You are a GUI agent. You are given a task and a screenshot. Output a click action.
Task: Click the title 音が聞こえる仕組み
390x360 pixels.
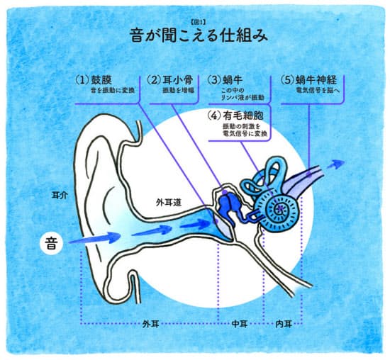point(199,35)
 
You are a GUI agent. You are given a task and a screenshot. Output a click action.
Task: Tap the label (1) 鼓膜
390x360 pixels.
point(94,80)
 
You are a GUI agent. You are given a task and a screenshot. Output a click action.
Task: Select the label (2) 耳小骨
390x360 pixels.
point(170,80)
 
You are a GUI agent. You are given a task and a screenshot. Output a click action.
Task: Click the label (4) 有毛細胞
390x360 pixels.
point(236,116)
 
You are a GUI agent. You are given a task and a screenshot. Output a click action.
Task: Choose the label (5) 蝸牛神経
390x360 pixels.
point(308,80)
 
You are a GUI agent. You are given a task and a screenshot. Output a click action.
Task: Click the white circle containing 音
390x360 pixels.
point(51,243)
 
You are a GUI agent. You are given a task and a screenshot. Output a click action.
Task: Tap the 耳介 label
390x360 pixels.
point(60,195)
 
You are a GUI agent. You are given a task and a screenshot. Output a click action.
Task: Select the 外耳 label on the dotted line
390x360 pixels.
point(151,324)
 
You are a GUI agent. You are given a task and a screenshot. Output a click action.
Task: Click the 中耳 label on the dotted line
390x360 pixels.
point(239,324)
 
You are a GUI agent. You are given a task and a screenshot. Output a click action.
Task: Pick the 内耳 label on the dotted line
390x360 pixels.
point(284,324)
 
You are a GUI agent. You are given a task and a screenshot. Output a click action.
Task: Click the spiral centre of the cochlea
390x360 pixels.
point(281,208)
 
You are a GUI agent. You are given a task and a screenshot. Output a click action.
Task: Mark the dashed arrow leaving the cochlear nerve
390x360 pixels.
point(335,164)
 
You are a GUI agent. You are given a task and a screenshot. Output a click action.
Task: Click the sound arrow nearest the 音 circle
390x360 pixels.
point(94,237)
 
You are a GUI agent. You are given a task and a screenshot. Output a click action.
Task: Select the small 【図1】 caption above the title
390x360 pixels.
point(199,23)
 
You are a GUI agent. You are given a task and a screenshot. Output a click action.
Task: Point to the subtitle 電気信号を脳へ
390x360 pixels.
point(317,91)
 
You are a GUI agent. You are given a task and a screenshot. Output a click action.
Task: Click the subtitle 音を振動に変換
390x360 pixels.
point(113,90)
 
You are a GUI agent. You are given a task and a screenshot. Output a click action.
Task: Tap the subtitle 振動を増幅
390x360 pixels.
point(178,90)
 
